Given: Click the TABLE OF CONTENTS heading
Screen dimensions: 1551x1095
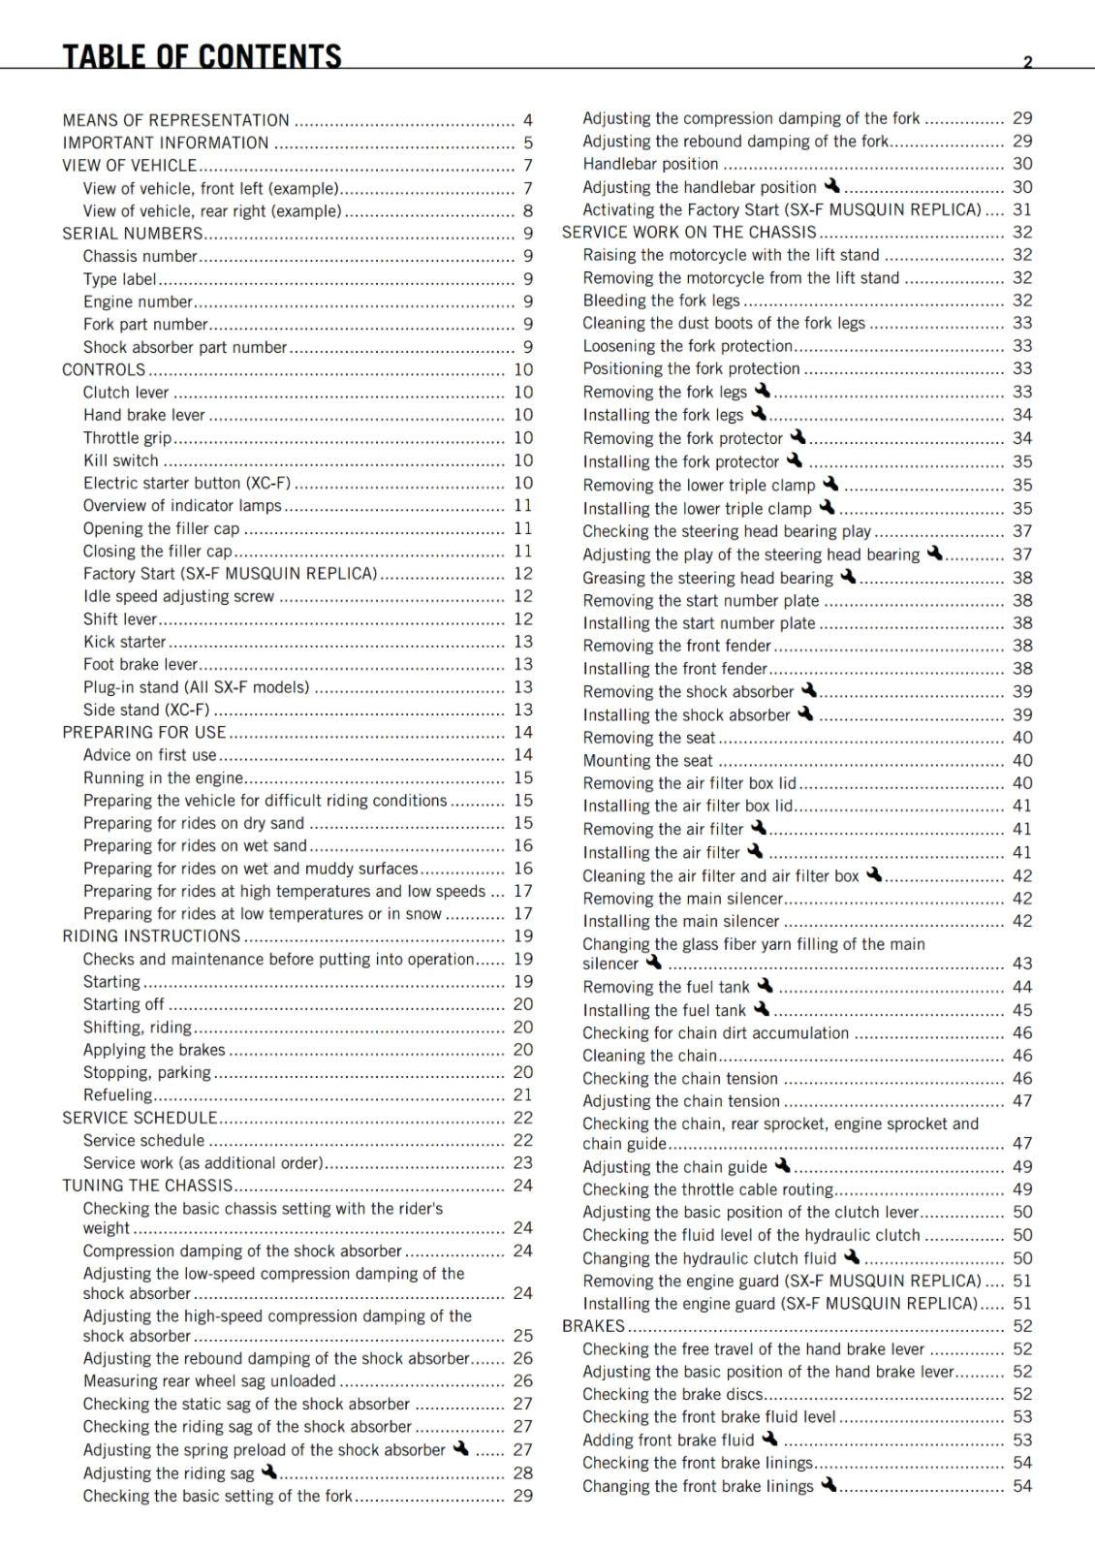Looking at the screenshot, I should pos(202,56).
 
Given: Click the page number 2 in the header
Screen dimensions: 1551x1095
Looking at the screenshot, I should pos(1028,62).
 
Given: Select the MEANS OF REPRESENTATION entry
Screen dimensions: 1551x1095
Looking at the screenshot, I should pos(175,120).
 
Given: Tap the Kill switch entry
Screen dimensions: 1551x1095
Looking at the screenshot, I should pos(120,460).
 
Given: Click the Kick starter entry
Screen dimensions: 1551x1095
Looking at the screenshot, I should pos(124,642).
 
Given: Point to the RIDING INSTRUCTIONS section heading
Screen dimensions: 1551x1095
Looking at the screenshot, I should pos(151,936).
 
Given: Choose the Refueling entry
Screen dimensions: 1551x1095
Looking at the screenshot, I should pos(117,1095).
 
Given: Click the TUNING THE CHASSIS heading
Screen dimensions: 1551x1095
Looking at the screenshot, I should pos(147,1186).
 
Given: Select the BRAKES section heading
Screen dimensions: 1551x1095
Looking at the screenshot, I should pos(593,1326).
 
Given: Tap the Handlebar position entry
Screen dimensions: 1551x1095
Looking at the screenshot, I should pos(650,164).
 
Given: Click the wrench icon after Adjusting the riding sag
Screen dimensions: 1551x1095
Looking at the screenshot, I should pos(269,1472).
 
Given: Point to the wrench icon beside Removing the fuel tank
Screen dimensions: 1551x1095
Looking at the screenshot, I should pos(765,986).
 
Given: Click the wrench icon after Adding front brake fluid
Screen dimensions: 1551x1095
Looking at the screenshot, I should pos(769,1440).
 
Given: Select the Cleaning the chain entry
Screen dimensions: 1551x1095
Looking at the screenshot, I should pos(649,1056).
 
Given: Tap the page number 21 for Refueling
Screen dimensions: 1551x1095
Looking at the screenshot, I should pos(523,1095).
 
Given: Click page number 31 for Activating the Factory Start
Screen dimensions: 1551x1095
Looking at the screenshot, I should pos(1022,209).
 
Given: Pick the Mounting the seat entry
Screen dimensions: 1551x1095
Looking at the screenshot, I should pos(647,761).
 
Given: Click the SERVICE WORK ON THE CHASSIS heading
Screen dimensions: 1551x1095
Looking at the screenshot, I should pos(689,233).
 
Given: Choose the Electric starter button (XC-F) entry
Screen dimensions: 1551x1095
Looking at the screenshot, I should pos(186,483).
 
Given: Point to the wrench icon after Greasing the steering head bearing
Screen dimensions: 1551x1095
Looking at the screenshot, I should pos(848,577).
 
